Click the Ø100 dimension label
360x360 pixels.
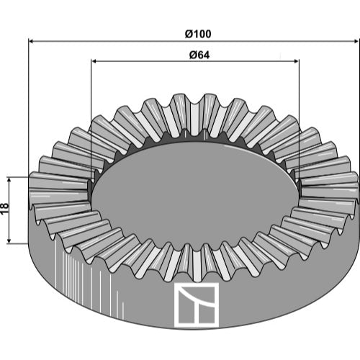click(198, 34)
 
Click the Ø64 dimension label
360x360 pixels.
click(199, 55)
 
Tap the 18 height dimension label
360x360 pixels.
click(5, 208)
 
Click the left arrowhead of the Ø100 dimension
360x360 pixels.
click(31, 41)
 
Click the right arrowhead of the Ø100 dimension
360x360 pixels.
click(356, 41)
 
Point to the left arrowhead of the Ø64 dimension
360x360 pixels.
click(94, 61)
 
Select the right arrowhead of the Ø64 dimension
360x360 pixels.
click(296, 61)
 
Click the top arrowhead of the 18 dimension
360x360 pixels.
click(9, 180)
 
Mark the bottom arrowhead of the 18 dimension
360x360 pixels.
click(9, 240)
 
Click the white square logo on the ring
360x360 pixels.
click(197, 305)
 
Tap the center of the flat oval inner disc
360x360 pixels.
click(195, 196)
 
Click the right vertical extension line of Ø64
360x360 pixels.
click(299, 120)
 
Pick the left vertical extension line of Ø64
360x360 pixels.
click(91, 120)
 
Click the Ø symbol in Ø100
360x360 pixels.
click(189, 34)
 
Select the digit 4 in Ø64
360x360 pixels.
click(206, 55)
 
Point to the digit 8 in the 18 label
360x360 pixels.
click(5, 206)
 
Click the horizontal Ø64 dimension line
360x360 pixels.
click(195, 61)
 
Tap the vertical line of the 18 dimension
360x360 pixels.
click(9, 210)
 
